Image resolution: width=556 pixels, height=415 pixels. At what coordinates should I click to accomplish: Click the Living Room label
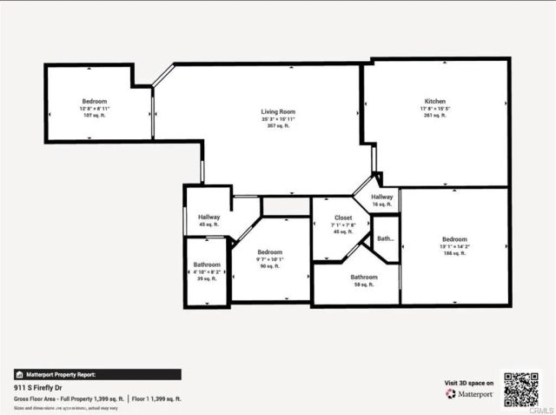click(279, 111)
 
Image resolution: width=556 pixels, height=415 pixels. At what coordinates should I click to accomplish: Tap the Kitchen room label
click(434, 102)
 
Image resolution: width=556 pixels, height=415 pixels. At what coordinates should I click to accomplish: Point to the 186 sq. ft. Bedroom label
click(454, 239)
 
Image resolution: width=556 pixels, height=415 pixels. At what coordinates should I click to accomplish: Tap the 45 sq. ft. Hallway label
click(208, 217)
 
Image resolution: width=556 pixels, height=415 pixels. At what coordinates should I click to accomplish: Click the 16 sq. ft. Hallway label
click(382, 197)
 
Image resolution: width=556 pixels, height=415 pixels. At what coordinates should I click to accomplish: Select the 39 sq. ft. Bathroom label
click(207, 264)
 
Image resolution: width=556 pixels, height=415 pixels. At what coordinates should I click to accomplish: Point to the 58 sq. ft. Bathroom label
click(364, 277)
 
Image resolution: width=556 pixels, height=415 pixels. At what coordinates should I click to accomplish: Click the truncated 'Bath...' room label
click(385, 238)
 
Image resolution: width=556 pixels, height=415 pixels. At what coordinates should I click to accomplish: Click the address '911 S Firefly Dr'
click(41, 388)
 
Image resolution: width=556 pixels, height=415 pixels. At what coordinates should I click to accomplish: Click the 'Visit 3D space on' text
click(469, 383)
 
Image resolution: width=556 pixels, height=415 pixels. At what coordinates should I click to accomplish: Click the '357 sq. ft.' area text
click(279, 125)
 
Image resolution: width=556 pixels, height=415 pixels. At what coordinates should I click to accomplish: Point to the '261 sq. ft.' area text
click(434, 115)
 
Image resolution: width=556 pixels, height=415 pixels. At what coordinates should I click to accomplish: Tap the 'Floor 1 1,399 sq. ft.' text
click(156, 398)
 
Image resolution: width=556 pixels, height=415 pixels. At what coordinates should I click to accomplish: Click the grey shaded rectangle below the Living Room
click(286, 206)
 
